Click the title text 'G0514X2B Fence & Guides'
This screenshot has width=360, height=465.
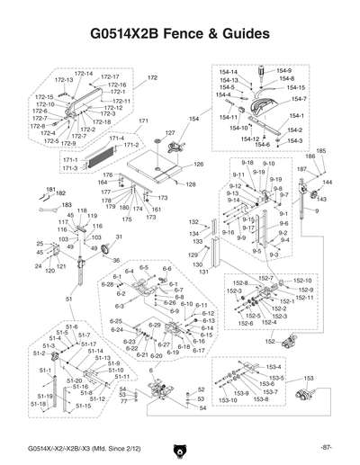[180, 34]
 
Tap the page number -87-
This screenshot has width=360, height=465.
[325, 447]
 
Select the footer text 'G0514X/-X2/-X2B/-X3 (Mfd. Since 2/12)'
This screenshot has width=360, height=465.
[82, 447]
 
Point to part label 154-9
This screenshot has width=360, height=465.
[284, 70]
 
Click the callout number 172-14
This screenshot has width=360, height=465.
[83, 73]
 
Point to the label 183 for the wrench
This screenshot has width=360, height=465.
[67, 205]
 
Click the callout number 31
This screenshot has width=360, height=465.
[119, 237]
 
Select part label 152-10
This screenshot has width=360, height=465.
[302, 282]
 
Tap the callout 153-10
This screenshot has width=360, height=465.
[229, 400]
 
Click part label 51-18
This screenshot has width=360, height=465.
[38, 405]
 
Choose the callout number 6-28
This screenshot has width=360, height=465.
[107, 284]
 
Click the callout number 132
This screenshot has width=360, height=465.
[193, 221]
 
